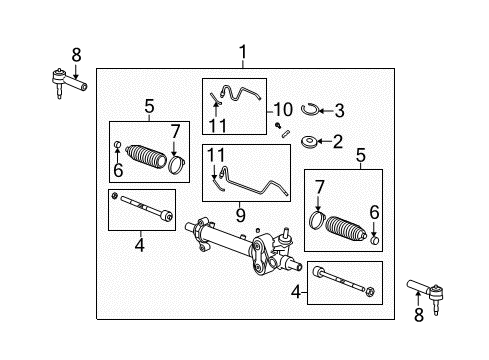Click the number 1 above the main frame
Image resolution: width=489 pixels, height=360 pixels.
point(241,52)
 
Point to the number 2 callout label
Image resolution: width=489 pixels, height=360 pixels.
point(337,141)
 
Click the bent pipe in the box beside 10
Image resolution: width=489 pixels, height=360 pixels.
point(240,94)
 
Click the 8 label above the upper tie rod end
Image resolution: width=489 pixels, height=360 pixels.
point(75,53)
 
